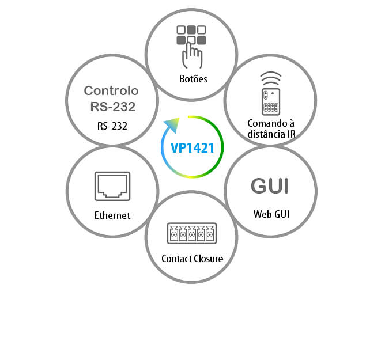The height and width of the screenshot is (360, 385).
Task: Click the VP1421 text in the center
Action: (x=192, y=147)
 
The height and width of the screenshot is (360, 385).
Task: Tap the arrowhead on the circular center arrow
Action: (x=170, y=124)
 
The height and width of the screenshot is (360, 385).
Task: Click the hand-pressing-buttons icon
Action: (x=191, y=44)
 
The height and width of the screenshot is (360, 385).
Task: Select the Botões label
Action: (x=191, y=79)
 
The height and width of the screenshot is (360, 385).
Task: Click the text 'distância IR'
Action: (x=271, y=135)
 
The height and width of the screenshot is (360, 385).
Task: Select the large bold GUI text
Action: (x=270, y=186)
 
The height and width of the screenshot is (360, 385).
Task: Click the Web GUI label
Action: (x=270, y=214)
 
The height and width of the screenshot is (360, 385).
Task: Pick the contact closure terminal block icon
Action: (x=191, y=234)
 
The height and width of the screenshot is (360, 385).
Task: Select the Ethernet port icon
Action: (x=112, y=186)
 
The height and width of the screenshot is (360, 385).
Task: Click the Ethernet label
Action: (x=112, y=215)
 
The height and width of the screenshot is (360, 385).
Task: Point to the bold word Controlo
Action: (x=112, y=91)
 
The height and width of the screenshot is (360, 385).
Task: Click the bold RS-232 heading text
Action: (x=112, y=106)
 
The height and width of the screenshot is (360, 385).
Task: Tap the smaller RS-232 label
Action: (x=112, y=125)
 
